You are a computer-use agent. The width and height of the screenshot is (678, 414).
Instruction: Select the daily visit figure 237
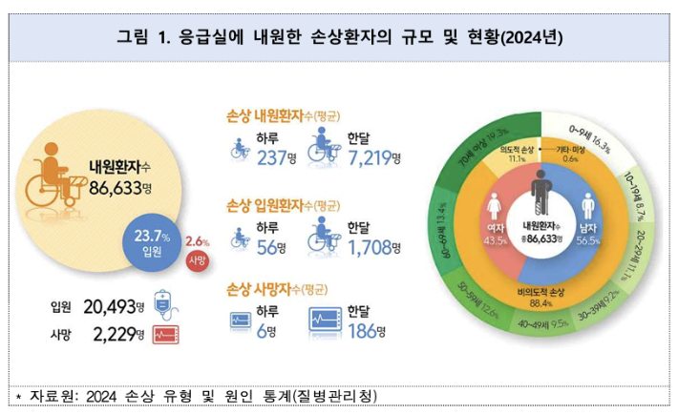[270, 156]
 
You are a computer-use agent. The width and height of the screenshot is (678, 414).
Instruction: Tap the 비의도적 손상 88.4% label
[541, 299]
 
